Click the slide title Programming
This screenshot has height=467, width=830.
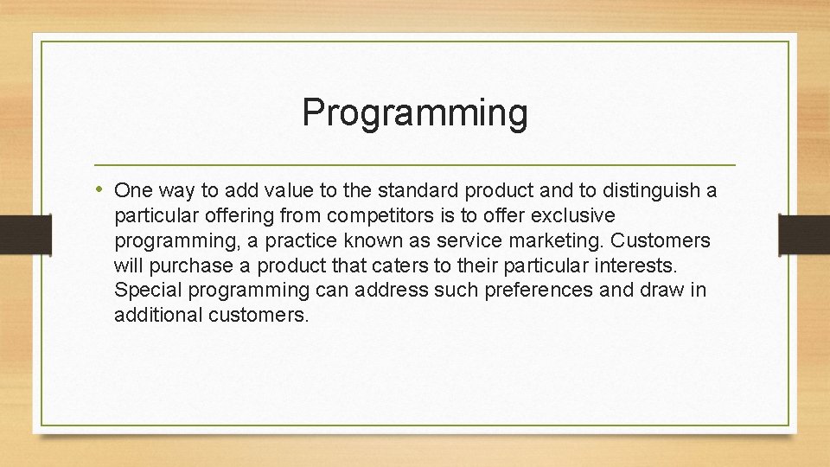pyautogui.click(x=415, y=112)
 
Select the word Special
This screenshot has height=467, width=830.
pyautogui.click(x=144, y=291)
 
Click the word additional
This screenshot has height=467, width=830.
pyautogui.click(x=158, y=316)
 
